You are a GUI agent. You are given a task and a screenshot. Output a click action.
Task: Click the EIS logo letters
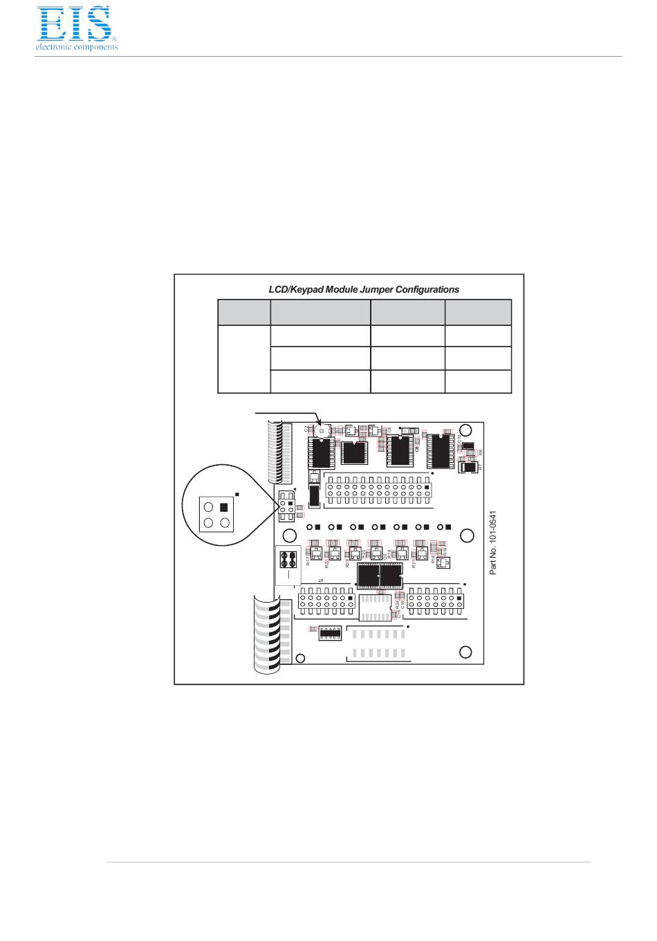pos(74,24)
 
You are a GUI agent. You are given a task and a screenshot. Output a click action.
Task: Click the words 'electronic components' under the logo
pos(77,47)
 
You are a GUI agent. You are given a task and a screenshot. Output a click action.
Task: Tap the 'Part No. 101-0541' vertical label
pos(493,542)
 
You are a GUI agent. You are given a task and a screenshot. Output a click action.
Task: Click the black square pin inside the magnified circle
pos(223,507)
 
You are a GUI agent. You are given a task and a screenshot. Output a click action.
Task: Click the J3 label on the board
pos(320,580)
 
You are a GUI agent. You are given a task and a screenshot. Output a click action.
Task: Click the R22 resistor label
pos(327,562)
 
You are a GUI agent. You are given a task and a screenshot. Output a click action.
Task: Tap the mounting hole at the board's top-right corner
pos(466,430)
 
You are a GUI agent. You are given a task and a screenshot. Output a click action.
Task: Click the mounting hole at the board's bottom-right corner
pos(465,652)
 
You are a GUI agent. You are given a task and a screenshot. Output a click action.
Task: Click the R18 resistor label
pos(433,560)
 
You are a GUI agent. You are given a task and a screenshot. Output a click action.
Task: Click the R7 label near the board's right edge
pos(480,468)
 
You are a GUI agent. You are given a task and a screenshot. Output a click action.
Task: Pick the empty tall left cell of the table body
pos(243,359)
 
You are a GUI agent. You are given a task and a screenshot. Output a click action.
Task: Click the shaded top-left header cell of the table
pos(243,312)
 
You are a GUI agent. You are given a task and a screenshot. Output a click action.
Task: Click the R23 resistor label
pos(348,562)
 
